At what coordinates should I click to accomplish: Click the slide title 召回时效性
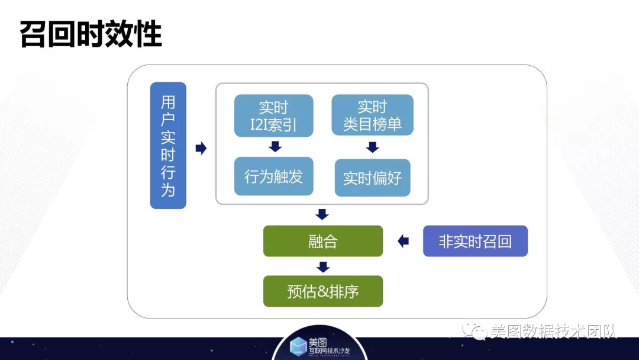point(91,35)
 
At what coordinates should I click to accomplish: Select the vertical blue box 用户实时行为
point(168,146)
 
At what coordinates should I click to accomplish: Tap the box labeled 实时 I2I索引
point(274,116)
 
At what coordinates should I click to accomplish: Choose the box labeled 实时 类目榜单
point(373,115)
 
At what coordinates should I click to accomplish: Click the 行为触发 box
point(274,176)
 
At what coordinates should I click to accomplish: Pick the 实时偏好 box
point(373,178)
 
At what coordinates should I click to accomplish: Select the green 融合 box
point(323,241)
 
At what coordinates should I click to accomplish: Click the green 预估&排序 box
point(323,291)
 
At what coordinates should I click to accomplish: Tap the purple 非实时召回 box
point(475,241)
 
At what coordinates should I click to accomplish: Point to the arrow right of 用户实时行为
point(201,148)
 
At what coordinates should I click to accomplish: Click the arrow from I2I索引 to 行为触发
point(276,146)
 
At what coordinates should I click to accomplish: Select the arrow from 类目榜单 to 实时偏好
point(373,147)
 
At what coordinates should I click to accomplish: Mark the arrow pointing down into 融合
point(322,214)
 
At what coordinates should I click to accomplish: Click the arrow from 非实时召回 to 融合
point(403,241)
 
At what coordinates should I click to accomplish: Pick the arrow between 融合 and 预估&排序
point(323,267)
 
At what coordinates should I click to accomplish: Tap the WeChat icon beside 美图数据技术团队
point(475,330)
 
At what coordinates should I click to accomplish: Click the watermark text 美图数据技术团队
point(553,331)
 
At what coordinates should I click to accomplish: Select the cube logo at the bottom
point(298,346)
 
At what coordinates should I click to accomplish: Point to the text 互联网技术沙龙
point(329,351)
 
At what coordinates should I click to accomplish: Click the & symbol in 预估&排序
point(323,291)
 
